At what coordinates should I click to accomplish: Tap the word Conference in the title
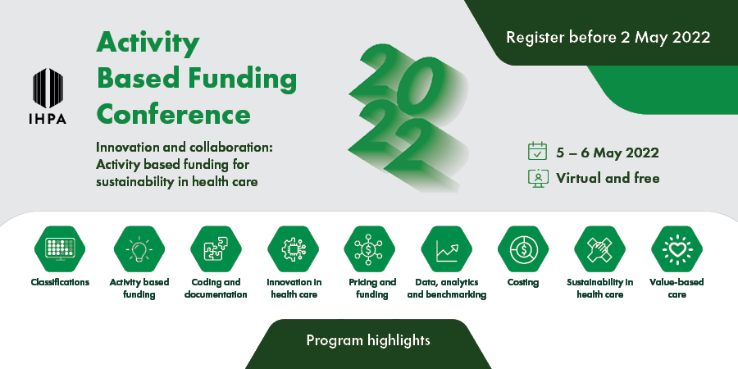point(174,114)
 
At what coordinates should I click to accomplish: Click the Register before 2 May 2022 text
point(608,37)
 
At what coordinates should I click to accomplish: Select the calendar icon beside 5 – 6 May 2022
point(537,152)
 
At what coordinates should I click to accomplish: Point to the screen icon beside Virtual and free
point(538,178)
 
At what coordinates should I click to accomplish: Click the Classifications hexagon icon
point(60,249)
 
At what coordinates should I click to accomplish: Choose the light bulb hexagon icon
point(139,249)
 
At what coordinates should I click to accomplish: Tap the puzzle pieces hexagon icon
point(216,249)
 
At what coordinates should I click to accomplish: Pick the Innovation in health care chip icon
point(293,249)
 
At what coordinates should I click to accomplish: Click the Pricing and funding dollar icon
point(370,249)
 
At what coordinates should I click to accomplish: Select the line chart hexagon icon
point(446,249)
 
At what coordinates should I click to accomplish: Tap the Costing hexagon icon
point(523,249)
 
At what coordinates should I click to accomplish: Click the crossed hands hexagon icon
point(599,249)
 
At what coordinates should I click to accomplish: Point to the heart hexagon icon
point(676,249)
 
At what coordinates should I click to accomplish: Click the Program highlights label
point(368,339)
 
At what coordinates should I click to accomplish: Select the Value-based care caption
point(676,289)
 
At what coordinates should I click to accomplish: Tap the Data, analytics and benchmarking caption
point(446,289)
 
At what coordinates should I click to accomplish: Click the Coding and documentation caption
point(216,289)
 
